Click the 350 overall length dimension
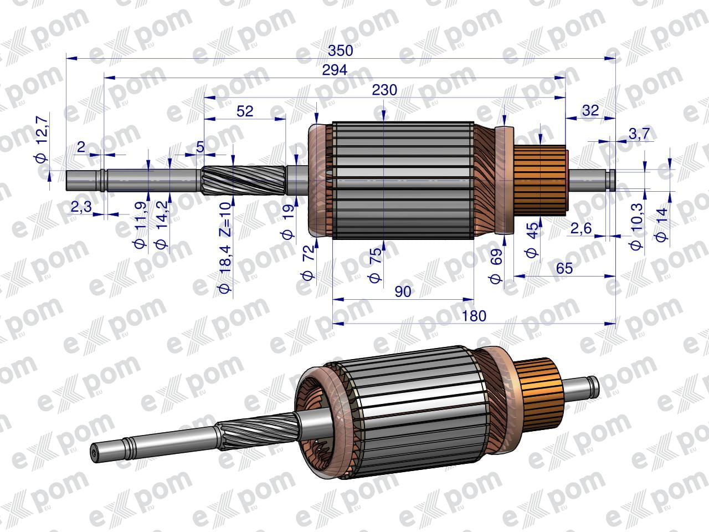[340, 51]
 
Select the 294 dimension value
[335, 70]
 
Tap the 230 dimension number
[384, 90]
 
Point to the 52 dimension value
[245, 111]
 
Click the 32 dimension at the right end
[590, 111]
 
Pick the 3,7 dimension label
[639, 134]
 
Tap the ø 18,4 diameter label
[225, 269]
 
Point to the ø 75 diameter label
[375, 265]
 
